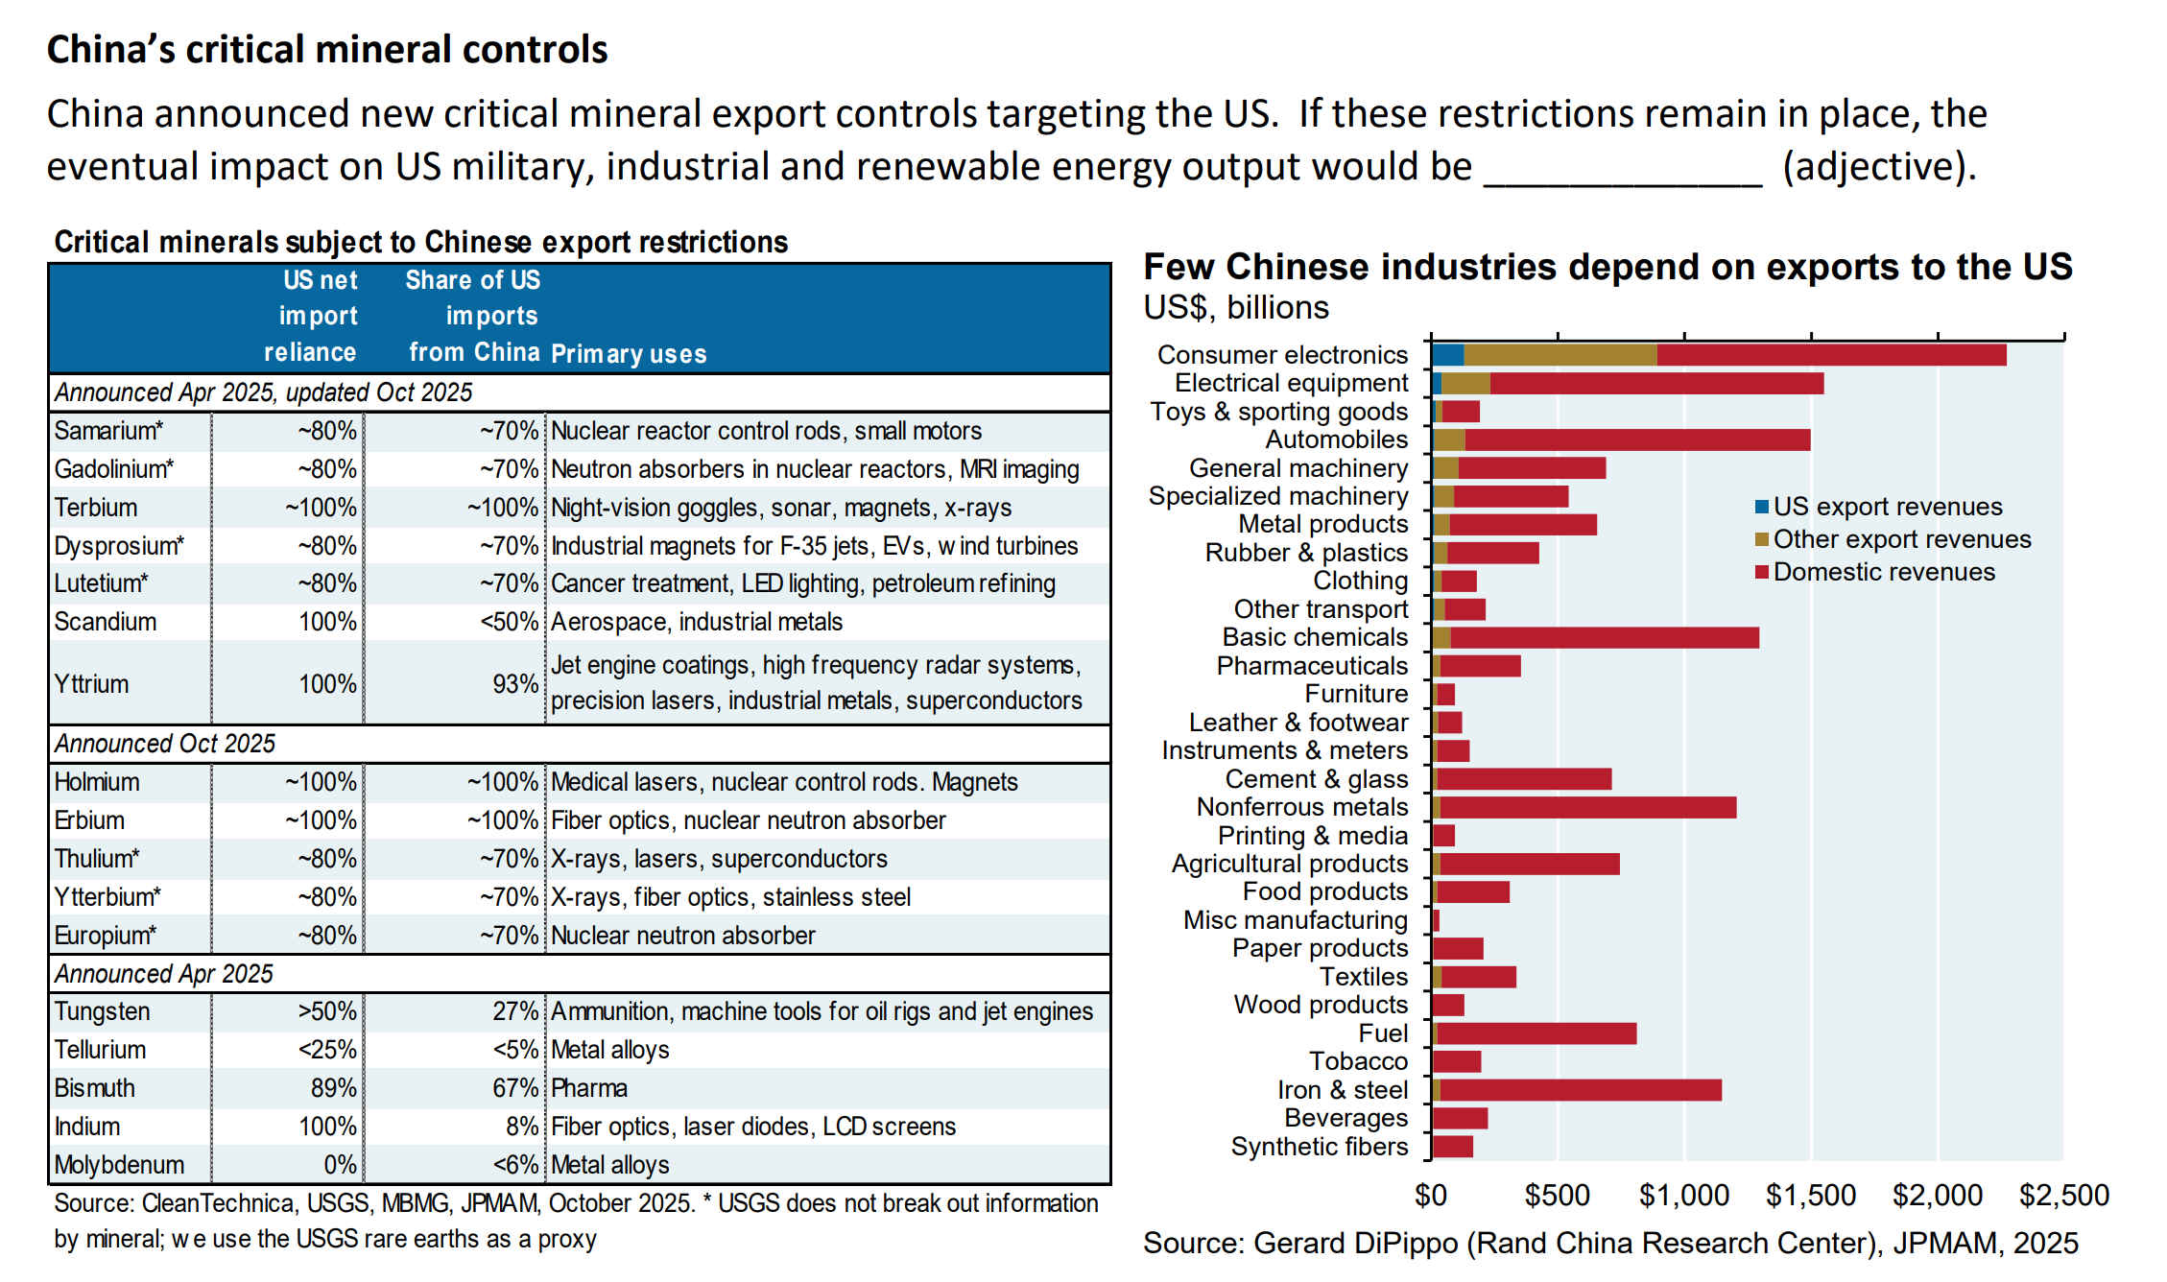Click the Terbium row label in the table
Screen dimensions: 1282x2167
[x=96, y=508]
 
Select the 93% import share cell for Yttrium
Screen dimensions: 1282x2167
[x=515, y=684]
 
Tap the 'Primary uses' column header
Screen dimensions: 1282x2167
[x=629, y=354]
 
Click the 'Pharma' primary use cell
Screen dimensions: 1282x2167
[x=589, y=1088]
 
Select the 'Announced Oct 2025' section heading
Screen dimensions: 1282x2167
[x=165, y=744]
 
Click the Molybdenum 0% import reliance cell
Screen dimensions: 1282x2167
[x=340, y=1165]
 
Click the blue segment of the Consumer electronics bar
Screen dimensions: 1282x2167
[x=1447, y=355]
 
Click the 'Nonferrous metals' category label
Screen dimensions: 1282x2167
[x=1301, y=807]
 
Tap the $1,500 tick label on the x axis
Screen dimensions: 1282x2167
[x=1810, y=1196]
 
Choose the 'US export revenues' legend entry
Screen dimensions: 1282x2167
[x=1887, y=507]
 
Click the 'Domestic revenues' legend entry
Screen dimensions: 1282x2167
[x=1883, y=572]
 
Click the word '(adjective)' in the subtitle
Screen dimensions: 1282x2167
[x=1878, y=167]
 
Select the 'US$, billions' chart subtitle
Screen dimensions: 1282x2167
[x=1236, y=307]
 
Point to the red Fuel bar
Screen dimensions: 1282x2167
[x=1536, y=1033]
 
